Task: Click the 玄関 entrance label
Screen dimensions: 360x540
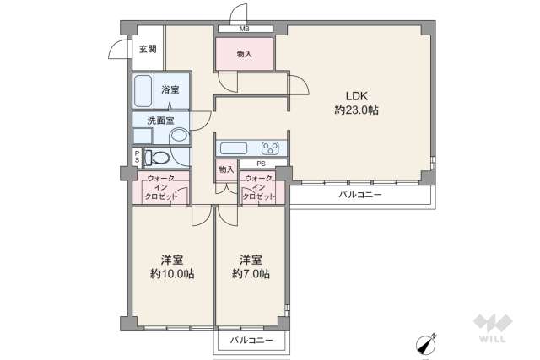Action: coord(148,49)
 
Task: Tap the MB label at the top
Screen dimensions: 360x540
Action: coord(244,30)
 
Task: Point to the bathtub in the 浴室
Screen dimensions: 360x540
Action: coord(143,88)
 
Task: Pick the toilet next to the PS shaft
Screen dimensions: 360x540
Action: coord(157,157)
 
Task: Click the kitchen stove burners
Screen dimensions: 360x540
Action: coord(272,147)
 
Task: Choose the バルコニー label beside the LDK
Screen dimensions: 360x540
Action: coord(360,195)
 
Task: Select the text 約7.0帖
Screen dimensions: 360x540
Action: coord(251,274)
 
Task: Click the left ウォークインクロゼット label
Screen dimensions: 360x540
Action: coord(160,187)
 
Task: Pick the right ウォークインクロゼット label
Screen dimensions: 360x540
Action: coord(259,187)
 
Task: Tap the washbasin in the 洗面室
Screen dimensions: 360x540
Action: coord(179,135)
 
